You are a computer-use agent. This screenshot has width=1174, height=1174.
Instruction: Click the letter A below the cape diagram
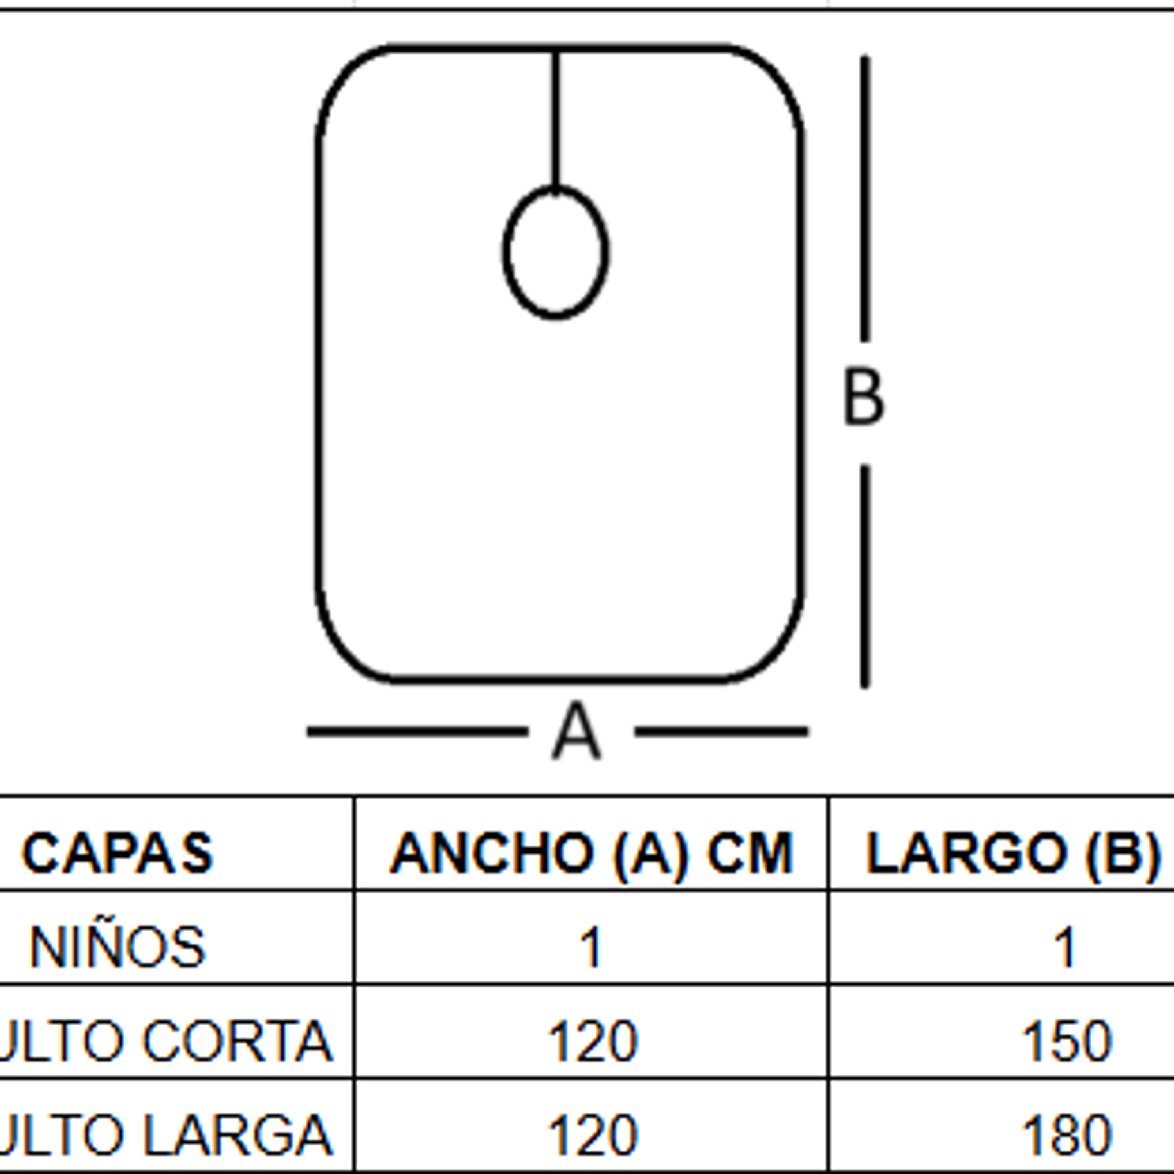pyautogui.click(x=577, y=731)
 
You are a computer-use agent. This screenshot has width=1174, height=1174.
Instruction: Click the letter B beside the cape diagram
pyautogui.click(x=864, y=398)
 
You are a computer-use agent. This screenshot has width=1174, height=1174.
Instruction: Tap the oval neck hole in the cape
pyautogui.click(x=555, y=252)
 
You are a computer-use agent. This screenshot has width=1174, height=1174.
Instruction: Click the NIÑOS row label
pyautogui.click(x=118, y=947)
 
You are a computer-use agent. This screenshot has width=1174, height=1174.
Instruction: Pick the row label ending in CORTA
pyautogui.click(x=164, y=1041)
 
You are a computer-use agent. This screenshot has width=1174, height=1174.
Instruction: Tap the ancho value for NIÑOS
pyautogui.click(x=591, y=947)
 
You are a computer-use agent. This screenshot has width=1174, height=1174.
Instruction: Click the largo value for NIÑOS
pyautogui.click(x=1065, y=947)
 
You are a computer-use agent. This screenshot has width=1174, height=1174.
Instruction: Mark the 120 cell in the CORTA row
pyautogui.click(x=592, y=1041)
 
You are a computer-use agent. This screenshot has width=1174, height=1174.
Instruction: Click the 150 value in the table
pyautogui.click(x=1066, y=1041)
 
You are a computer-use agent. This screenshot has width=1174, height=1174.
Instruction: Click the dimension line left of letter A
pyautogui.click(x=418, y=732)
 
